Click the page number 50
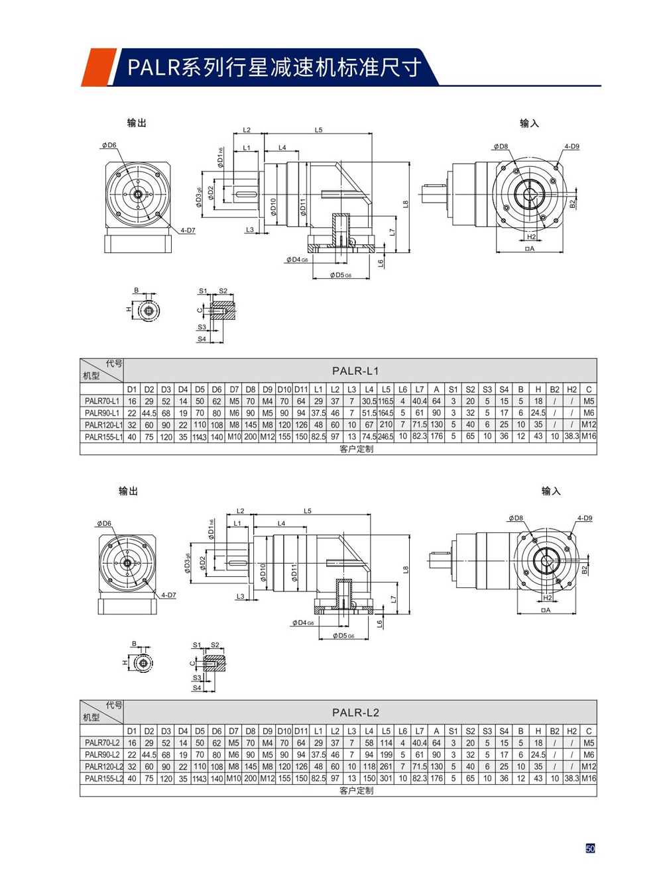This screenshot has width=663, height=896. [x=590, y=848]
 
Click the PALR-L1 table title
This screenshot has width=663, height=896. [x=355, y=371]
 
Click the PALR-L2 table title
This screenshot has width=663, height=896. [x=355, y=713]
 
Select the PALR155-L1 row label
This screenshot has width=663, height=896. [x=102, y=436]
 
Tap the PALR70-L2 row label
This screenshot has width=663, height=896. [x=102, y=743]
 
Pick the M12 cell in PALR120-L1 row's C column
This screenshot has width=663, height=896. [x=588, y=424]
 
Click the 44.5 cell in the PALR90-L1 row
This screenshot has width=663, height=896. [x=149, y=413]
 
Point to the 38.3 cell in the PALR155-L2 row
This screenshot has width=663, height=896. [x=572, y=779]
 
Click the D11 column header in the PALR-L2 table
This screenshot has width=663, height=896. [x=301, y=731]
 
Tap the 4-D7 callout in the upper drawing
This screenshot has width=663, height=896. [x=188, y=230]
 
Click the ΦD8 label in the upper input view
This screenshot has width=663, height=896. [x=501, y=146]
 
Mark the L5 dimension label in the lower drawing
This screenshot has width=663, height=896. [x=308, y=511]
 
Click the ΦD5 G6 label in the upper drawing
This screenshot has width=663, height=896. [x=341, y=275]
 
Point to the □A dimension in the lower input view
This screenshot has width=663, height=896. [x=546, y=610]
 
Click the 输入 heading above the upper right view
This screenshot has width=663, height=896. [x=529, y=123]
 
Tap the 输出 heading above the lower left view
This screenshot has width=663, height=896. [x=128, y=491]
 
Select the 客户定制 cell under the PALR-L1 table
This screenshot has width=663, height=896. [x=355, y=448]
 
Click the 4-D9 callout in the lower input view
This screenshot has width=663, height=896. [x=584, y=518]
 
